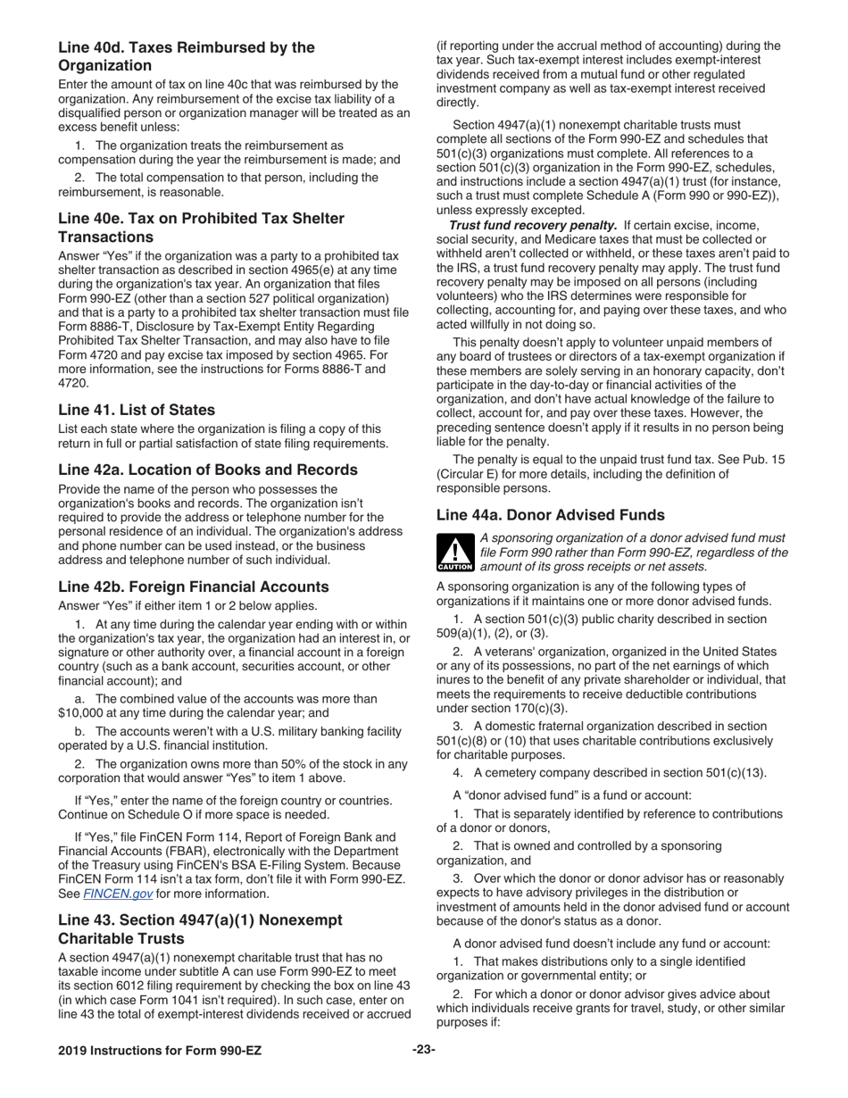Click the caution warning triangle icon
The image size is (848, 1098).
click(x=454, y=552)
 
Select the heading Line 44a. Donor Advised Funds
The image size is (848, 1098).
click(x=550, y=515)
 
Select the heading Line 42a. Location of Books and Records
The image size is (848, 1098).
click(x=208, y=470)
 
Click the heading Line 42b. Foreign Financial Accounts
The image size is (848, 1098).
click(x=194, y=586)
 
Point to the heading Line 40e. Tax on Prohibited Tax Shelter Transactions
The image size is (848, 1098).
click(x=201, y=227)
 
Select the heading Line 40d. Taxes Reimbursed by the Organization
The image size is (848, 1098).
click(x=187, y=56)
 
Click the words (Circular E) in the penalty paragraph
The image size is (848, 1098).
click(x=472, y=474)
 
